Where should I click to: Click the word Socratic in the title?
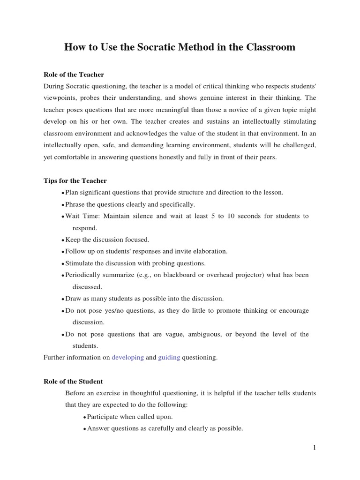click(x=131, y=47)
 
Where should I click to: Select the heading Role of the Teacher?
click(x=74, y=75)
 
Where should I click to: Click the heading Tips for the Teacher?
click(x=75, y=180)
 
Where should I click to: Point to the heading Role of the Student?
click(x=73, y=381)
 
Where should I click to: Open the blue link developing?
click(x=127, y=357)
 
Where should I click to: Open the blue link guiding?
click(x=169, y=357)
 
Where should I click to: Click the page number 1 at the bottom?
click(x=315, y=448)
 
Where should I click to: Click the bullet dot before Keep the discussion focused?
click(x=63, y=240)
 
